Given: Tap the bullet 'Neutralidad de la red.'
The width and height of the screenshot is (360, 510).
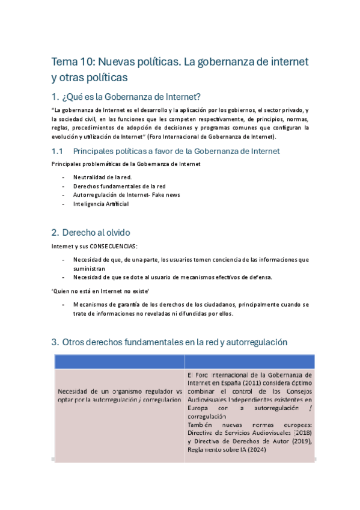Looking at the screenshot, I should tap(102, 177).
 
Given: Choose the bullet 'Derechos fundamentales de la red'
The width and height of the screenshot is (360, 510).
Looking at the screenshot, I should tap(119, 186).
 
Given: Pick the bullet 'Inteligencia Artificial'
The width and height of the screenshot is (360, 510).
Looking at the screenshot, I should tap(101, 204).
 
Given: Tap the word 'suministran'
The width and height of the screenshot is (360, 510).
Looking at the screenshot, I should tap(89, 268).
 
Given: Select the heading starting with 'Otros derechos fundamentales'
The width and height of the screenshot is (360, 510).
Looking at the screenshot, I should tap(174, 342).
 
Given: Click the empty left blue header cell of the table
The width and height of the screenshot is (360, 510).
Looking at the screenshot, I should tap(118, 361).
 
